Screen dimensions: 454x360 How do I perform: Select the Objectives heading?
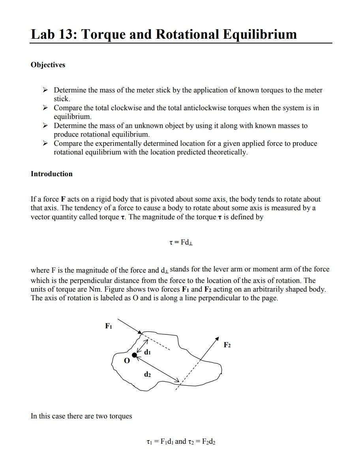pyautogui.click(x=48, y=65)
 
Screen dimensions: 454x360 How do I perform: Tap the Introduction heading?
pyautogui.click(x=51, y=174)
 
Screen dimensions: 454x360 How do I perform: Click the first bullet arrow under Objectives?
pyautogui.click(x=46, y=90)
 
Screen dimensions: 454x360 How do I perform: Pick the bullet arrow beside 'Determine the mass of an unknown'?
pyautogui.click(x=46, y=126)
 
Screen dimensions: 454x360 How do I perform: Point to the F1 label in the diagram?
pyautogui.click(x=109, y=326)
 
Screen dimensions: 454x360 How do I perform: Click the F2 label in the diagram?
pyautogui.click(x=227, y=345)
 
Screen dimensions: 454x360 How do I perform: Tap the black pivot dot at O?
pyautogui.click(x=135, y=356)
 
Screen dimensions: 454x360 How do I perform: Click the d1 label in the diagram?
pyautogui.click(x=147, y=352)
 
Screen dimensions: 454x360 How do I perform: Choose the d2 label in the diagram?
pyautogui.click(x=147, y=375)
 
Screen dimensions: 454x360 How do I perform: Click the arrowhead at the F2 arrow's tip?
pyautogui.click(x=217, y=339)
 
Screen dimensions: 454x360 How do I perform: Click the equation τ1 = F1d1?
pyautogui.click(x=159, y=442)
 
